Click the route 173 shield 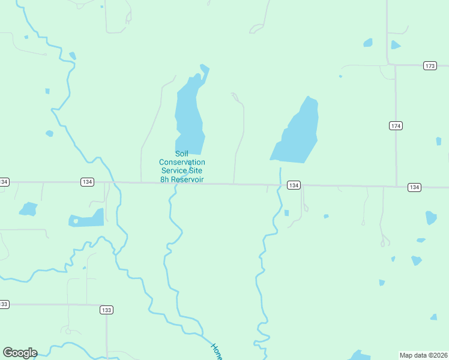[429, 65]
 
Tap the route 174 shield [395, 125]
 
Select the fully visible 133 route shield [106, 310]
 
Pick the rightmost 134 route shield [414, 187]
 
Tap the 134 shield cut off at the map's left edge [4, 181]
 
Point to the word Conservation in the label [182, 162]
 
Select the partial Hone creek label [216, 351]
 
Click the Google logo [20, 353]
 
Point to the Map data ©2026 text [423, 355]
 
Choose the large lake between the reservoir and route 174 [296, 133]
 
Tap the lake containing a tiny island [87, 219]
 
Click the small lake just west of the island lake [28, 209]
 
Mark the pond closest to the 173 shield [395, 45]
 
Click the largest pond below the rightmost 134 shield [431, 217]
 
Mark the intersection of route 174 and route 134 [396, 186]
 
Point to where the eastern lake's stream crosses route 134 [280, 185]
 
